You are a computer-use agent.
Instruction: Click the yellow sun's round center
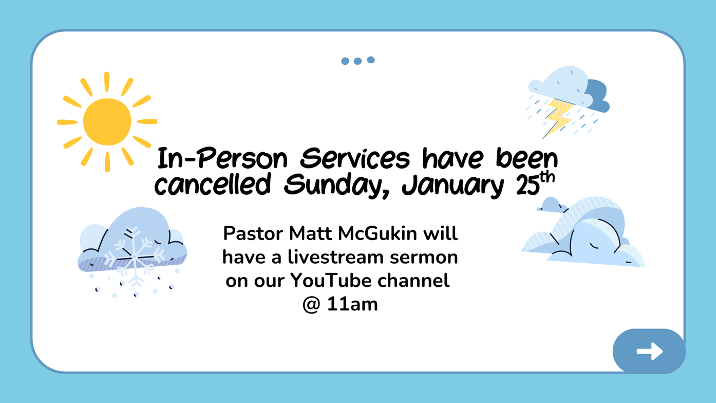point(107,121)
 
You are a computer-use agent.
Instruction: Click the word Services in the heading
point(355,158)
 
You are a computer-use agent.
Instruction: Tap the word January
point(453,186)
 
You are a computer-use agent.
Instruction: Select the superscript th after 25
point(547,177)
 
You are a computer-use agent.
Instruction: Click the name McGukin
point(378,233)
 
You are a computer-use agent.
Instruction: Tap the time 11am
point(352,304)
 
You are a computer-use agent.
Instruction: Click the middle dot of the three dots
point(357,61)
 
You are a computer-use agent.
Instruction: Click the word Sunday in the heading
point(337,186)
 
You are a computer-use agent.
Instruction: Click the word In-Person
point(223,158)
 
